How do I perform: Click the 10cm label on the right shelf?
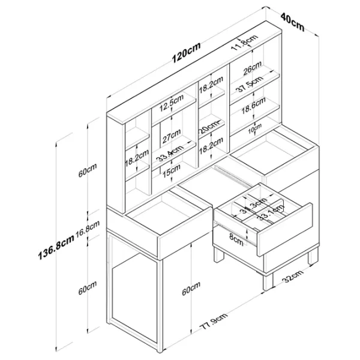click(256, 126)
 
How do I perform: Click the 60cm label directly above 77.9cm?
click(191, 290)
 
